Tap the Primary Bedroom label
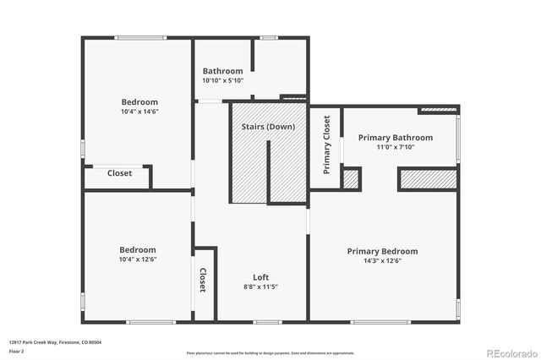click(x=383, y=251)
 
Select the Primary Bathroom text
click(x=395, y=138)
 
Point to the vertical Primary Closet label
click(x=326, y=145)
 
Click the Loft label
click(x=261, y=277)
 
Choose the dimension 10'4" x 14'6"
click(x=139, y=112)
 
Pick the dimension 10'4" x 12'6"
click(x=137, y=259)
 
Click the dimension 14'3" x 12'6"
click(x=383, y=261)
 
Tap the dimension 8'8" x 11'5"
click(x=261, y=286)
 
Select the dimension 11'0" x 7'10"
click(x=395, y=147)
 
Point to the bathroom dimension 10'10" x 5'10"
click(x=222, y=80)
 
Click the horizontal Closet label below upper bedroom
click(x=119, y=173)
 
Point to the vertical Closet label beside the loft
click(x=203, y=281)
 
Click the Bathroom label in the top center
click(x=222, y=71)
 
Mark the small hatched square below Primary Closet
click(x=351, y=179)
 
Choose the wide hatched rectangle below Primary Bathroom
click(x=428, y=179)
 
